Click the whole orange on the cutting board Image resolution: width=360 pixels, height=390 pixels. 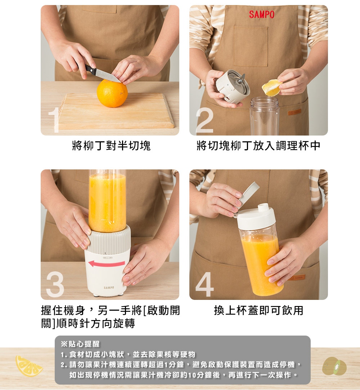(112, 94)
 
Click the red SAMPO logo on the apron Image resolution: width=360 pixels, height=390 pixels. (262, 14)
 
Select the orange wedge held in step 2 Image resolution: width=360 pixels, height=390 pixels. (271, 88)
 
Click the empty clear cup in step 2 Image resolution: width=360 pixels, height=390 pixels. (265, 116)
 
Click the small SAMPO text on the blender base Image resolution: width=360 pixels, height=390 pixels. (109, 288)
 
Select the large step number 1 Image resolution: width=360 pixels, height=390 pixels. (54, 120)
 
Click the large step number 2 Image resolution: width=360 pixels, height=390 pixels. (204, 120)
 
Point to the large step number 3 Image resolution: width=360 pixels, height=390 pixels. (55, 284)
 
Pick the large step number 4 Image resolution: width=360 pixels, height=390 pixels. (205, 284)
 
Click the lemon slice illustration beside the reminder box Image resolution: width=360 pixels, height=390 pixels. (29, 366)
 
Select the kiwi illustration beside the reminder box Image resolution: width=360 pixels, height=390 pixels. (334, 366)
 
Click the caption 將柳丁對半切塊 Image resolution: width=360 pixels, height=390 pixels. (111, 146)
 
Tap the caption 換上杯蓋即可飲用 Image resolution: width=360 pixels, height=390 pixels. (258, 310)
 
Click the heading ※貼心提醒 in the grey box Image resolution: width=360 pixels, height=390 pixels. (80, 344)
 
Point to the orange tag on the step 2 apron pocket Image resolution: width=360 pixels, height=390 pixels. (294, 112)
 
